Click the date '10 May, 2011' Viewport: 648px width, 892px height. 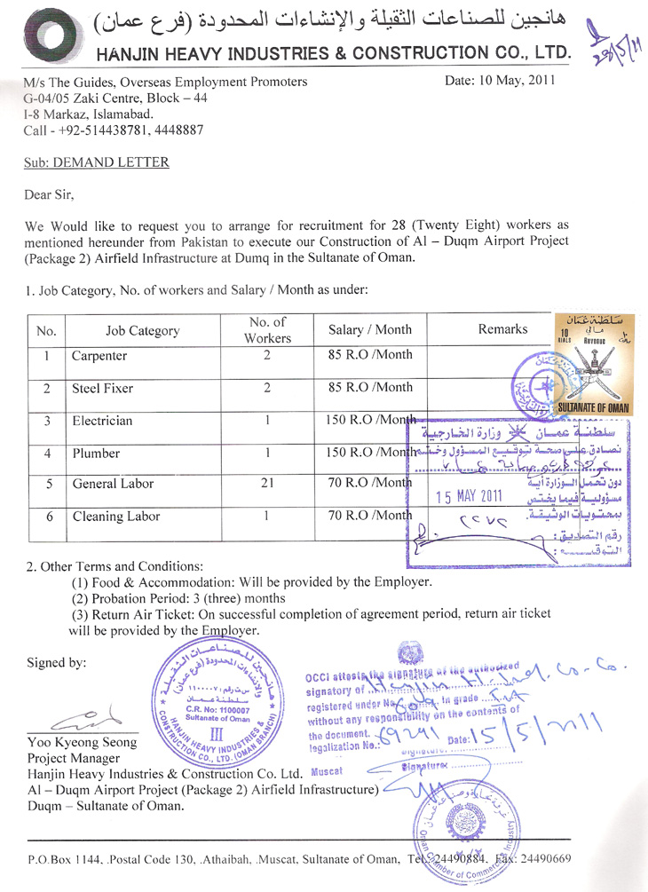point(501,81)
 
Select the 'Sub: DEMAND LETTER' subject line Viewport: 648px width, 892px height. point(97,162)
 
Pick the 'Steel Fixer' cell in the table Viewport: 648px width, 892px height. point(103,388)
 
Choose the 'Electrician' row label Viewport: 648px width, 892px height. point(102,420)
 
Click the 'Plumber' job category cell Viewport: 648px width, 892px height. point(97,453)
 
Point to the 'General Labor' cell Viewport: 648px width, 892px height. point(113,484)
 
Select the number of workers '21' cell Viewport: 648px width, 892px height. point(267,484)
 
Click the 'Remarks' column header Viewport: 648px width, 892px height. point(502,329)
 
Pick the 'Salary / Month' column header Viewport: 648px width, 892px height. point(370,330)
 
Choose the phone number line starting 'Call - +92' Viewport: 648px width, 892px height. point(114,129)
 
